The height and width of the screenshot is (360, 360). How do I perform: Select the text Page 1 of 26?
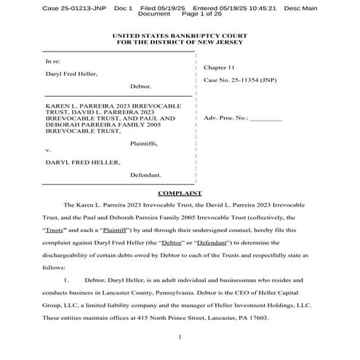pyautogui.click(x=201, y=14)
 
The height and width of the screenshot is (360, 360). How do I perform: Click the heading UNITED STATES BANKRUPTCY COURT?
pyautogui.click(x=180, y=36)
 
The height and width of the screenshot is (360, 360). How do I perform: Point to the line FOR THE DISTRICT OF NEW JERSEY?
pyautogui.click(x=180, y=42)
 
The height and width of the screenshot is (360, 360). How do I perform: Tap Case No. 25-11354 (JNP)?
pyautogui.click(x=240, y=79)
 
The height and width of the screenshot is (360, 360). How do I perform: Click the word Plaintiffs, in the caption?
pyautogui.click(x=143, y=143)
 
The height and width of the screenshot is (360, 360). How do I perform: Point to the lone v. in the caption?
pyautogui.click(x=48, y=150)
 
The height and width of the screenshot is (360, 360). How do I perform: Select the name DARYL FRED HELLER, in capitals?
pyautogui.click(x=83, y=162)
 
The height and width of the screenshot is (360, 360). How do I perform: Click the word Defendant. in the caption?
pyautogui.click(x=145, y=175)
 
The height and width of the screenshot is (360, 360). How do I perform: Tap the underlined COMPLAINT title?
pyautogui.click(x=180, y=193)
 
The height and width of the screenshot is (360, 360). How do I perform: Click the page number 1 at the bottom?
pyautogui.click(x=180, y=338)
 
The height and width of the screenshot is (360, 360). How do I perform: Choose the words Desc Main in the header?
pyautogui.click(x=303, y=7)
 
